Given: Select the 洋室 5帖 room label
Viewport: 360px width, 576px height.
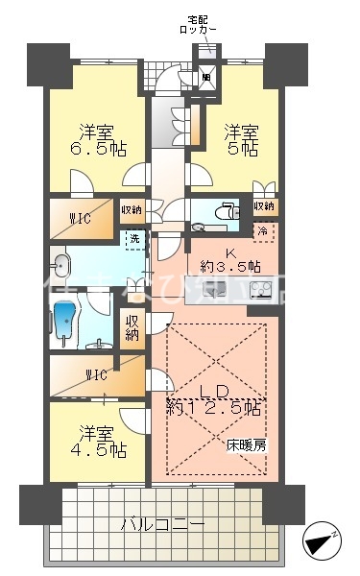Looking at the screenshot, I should point(241,140).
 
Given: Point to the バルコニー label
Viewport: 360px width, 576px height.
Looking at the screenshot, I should point(162,525).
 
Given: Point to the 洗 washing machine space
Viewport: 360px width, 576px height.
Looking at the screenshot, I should point(133,237).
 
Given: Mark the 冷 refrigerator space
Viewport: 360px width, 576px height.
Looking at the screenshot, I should point(261,231).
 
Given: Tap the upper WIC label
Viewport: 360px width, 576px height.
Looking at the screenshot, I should point(80,219).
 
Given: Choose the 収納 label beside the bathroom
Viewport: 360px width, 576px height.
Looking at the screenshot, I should point(131,326).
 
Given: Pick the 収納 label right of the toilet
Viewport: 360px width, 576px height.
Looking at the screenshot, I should point(264,206).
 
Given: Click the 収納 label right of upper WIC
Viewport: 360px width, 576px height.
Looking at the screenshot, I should point(132,209).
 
